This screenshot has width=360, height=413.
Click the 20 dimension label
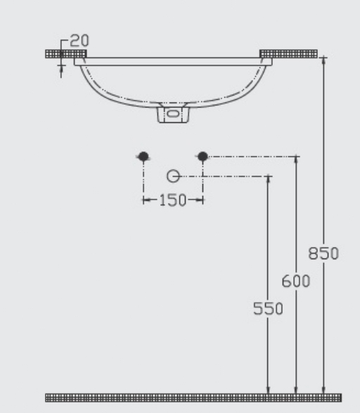(79, 41)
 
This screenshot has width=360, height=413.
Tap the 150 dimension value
(173, 200)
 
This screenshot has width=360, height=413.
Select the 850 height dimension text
(323, 254)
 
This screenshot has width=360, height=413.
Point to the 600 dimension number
(295, 281)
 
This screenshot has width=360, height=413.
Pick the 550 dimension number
(268, 308)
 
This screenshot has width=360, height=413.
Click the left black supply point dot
(143, 157)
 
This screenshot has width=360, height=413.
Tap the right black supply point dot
(202, 157)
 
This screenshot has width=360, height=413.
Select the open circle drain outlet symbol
(173, 176)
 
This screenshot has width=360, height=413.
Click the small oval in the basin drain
(173, 114)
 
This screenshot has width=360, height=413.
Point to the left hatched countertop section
(66, 53)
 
